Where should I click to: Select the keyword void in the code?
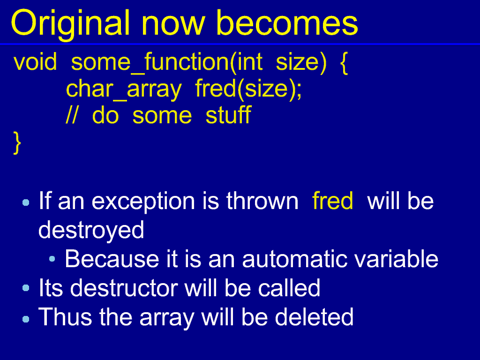click(35, 62)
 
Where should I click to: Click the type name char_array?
click(124, 89)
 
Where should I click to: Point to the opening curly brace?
click(344, 63)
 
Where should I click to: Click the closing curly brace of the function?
click(17, 142)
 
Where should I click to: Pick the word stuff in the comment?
click(228, 115)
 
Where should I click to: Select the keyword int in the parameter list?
click(249, 62)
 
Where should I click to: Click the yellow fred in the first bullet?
click(333, 201)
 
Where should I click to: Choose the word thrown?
click(262, 201)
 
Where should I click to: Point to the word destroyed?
click(91, 231)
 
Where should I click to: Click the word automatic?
click(294, 259)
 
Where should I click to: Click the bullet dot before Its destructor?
click(26, 288)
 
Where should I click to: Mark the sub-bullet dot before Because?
click(52, 259)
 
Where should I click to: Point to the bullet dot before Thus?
click(26, 319)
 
